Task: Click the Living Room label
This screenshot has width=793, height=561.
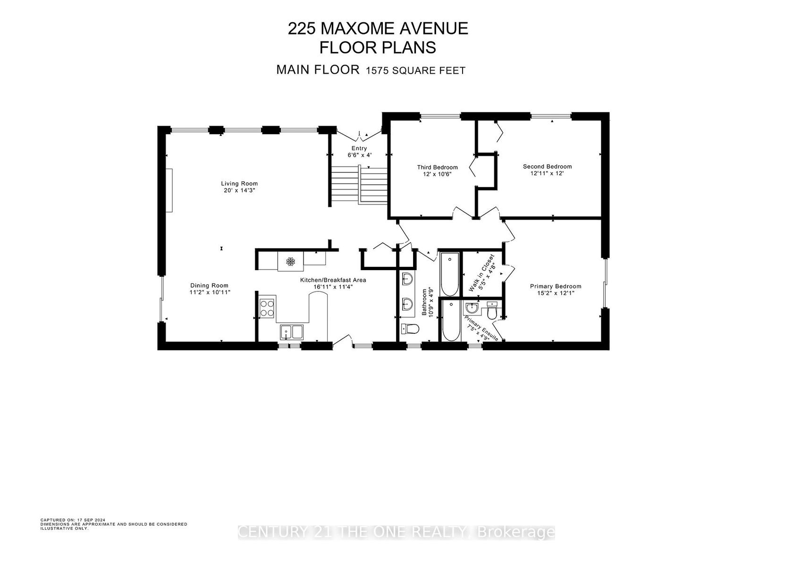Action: [x=239, y=183]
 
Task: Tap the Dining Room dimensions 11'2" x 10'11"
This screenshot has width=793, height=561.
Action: [x=210, y=292]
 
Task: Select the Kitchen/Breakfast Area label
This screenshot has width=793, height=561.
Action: [x=333, y=280]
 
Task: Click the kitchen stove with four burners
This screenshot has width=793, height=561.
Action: [x=267, y=308]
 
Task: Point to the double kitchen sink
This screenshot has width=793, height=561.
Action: [x=292, y=332]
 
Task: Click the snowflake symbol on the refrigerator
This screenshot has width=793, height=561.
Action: [x=291, y=262]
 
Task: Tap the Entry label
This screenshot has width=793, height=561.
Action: [x=359, y=148]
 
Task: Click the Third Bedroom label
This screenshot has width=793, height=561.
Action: [x=437, y=168]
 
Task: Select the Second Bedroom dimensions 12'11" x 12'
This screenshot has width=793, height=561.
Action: [x=547, y=174]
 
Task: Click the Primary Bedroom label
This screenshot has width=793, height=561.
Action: [x=556, y=287]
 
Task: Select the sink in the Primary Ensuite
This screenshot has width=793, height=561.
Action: [x=472, y=308]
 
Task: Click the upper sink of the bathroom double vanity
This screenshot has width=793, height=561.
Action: [x=407, y=279]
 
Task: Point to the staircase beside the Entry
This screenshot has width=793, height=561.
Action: [x=358, y=185]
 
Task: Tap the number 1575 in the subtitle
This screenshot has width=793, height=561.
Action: [x=378, y=71]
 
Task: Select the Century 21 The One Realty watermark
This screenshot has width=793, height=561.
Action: [x=396, y=532]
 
